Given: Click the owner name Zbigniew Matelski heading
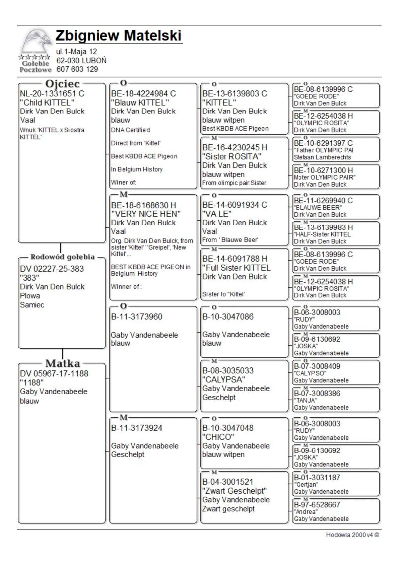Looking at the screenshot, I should click(x=118, y=36).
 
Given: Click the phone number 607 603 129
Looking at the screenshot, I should click(x=77, y=69).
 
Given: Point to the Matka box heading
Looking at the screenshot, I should click(x=63, y=363).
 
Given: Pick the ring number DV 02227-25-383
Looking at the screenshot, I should click(x=52, y=269).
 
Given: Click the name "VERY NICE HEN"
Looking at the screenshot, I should click(x=145, y=214).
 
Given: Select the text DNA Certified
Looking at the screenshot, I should click(x=130, y=130).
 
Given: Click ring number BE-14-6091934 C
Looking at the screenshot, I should click(x=235, y=205).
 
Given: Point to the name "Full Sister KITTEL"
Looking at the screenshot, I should click(x=236, y=268).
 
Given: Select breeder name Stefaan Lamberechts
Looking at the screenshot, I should click(x=322, y=157).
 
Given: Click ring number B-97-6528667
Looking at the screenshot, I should click(x=317, y=504).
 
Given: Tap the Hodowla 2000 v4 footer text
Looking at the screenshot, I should click(x=353, y=536).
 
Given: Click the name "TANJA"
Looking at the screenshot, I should click(x=305, y=400).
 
